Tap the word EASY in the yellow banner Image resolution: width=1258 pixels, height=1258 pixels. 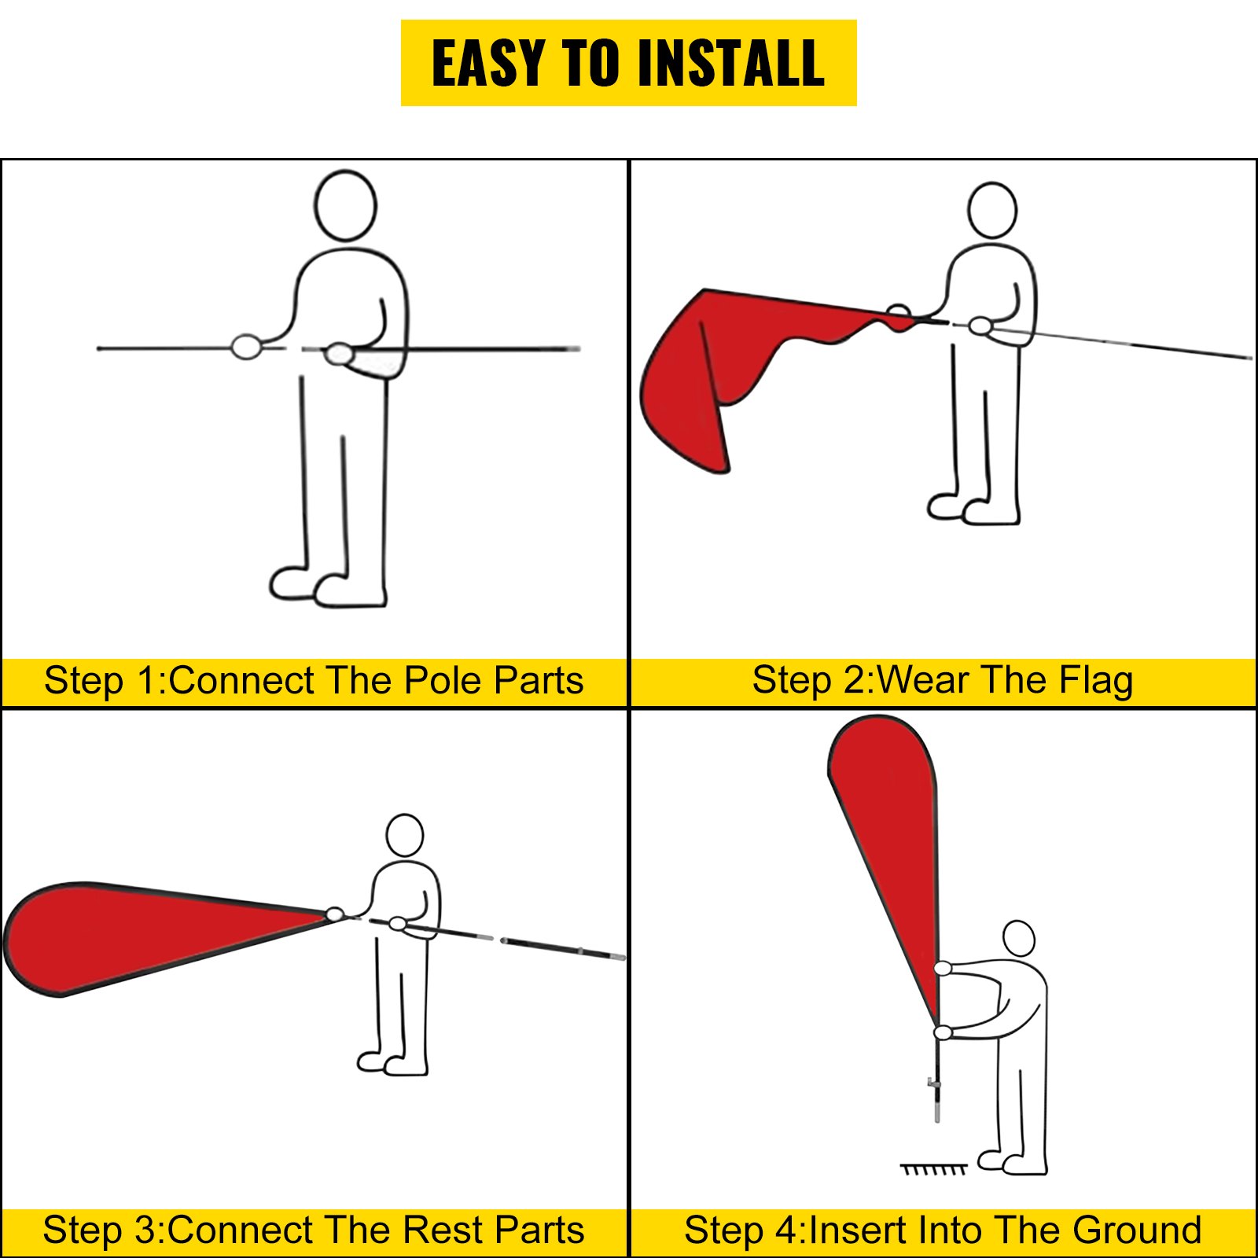coord(488,63)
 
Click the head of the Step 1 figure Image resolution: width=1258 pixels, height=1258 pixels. coord(345,205)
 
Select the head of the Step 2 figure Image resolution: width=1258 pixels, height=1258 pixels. coord(992,210)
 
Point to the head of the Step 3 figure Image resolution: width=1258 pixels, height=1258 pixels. coord(405,835)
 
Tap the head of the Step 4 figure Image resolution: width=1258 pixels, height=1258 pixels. coord(1019,939)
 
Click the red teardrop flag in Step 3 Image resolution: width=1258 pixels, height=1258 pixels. coord(142,936)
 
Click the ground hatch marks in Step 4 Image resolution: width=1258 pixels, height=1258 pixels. coord(933,1169)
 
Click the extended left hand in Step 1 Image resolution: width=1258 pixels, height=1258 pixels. coord(246,346)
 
